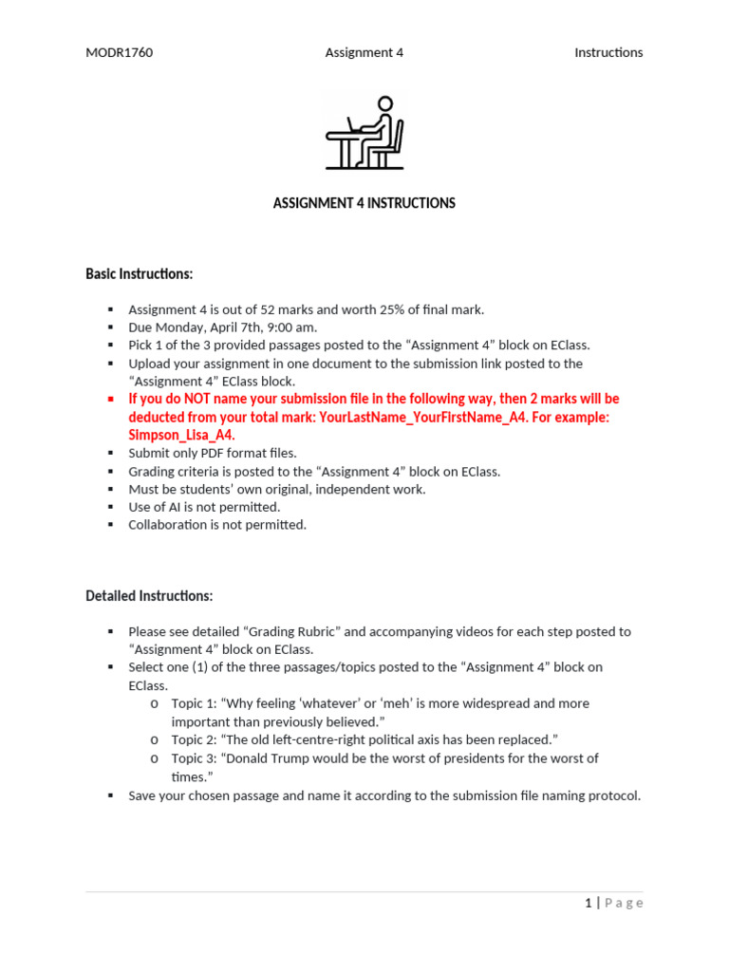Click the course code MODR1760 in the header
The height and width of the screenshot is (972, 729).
point(119,53)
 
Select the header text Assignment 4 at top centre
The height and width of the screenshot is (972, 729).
point(364,53)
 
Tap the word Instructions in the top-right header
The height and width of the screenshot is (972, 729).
point(608,53)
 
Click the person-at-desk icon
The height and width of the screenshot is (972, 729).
point(364,132)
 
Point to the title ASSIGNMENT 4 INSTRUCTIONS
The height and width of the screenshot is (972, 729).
point(364,203)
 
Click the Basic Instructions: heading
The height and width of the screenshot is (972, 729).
point(139,274)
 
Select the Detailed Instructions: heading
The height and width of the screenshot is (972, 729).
point(149,596)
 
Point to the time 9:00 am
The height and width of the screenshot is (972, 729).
point(291,327)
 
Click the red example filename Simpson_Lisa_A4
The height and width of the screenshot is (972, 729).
point(181,435)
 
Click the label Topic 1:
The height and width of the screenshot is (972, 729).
point(195,703)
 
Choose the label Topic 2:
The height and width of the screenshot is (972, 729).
point(195,739)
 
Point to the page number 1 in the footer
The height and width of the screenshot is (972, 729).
point(589,903)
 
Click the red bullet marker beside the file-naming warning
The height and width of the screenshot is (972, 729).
point(110,399)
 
